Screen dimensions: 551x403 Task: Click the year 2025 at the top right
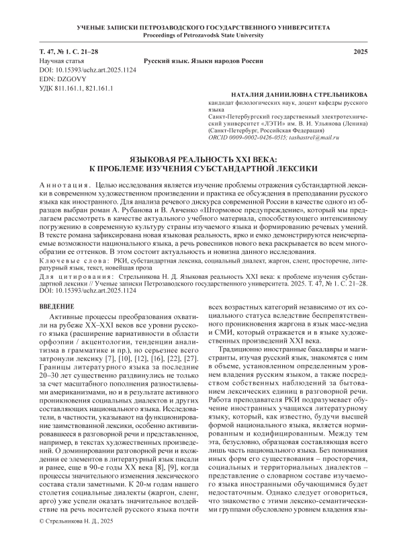357,52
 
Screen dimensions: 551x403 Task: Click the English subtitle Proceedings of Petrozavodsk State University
201,35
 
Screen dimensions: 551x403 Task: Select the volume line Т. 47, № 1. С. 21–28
69,52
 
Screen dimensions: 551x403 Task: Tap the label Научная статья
60,60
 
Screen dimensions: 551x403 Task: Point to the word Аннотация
63,183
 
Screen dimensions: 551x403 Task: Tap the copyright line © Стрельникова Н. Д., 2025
78,540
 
